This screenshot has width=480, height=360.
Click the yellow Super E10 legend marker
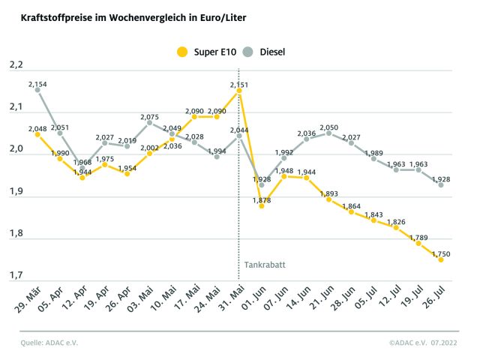pyautogui.click(x=181, y=52)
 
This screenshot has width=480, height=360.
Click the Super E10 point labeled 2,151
pyautogui.click(x=239, y=90)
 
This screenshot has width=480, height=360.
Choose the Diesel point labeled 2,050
pyautogui.click(x=328, y=133)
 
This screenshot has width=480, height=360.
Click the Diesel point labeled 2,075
pyautogui.click(x=149, y=122)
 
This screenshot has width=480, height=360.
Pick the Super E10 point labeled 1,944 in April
pyautogui.click(x=82, y=178)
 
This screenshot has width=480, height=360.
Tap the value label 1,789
pyautogui.click(x=418, y=238)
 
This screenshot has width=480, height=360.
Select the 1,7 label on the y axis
pyautogui.click(x=15, y=277)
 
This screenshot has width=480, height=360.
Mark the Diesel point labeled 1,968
pyautogui.click(x=82, y=169)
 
